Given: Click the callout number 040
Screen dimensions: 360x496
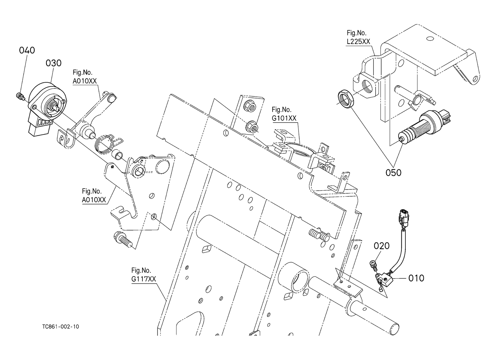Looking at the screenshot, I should [x=27, y=50].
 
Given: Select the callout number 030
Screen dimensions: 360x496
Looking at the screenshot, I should [x=54, y=63].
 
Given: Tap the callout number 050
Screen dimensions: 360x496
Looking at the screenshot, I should [x=393, y=173].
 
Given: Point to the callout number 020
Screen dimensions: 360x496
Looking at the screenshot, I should [x=382, y=246].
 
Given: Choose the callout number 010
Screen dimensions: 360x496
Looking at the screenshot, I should [x=416, y=278].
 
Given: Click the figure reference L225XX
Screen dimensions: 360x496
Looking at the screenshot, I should [x=358, y=42].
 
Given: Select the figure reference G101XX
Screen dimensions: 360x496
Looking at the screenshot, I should [x=284, y=118].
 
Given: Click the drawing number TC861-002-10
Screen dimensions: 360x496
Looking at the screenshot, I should [x=60, y=327].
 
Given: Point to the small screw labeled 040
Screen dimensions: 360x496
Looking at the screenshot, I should [x=20, y=96].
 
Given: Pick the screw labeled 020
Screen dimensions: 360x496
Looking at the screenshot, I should [x=373, y=265].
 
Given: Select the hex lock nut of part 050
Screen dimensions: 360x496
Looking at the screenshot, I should [x=346, y=98].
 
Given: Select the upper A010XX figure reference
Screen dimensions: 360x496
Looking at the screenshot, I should [x=85, y=81].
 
